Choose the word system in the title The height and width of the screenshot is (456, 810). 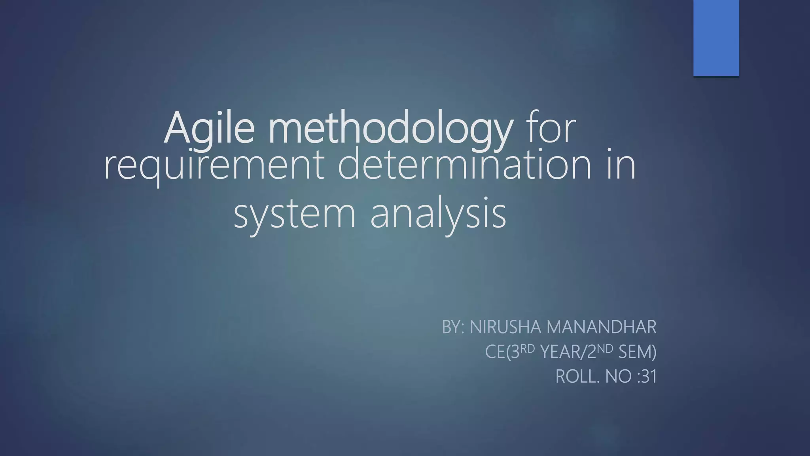(295, 214)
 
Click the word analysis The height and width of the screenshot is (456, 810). (438, 214)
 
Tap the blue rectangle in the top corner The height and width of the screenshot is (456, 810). (716, 38)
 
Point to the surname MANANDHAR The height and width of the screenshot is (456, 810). (601, 327)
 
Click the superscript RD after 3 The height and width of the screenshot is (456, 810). (528, 348)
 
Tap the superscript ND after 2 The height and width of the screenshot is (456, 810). (605, 348)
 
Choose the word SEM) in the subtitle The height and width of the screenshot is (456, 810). (637, 352)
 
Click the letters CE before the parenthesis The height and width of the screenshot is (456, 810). (494, 352)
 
